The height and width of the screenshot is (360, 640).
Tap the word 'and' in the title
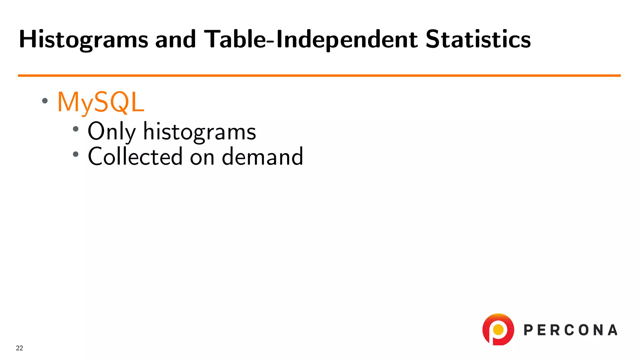coord(175,40)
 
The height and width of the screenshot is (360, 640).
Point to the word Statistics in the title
coord(478,40)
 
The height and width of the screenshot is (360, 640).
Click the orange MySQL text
coord(101,102)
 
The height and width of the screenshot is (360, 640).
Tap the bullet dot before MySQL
coord(45,101)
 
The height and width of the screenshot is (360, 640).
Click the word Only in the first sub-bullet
coord(112,132)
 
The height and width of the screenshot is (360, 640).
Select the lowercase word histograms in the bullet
coord(199,132)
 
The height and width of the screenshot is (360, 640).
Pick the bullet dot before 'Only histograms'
coord(76,129)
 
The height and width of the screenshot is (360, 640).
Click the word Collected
coord(135,156)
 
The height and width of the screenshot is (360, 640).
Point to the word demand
coord(262,156)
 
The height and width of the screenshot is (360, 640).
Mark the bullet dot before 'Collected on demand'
coord(76,154)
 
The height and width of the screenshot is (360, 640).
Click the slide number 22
coord(19,348)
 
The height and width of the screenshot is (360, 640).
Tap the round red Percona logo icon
coord(498,329)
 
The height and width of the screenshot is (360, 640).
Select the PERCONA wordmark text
coord(570,330)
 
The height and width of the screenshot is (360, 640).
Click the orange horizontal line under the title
coord(319,75)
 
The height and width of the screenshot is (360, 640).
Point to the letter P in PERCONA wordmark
coord(528,330)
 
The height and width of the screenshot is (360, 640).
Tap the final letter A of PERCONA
coord(613,330)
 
